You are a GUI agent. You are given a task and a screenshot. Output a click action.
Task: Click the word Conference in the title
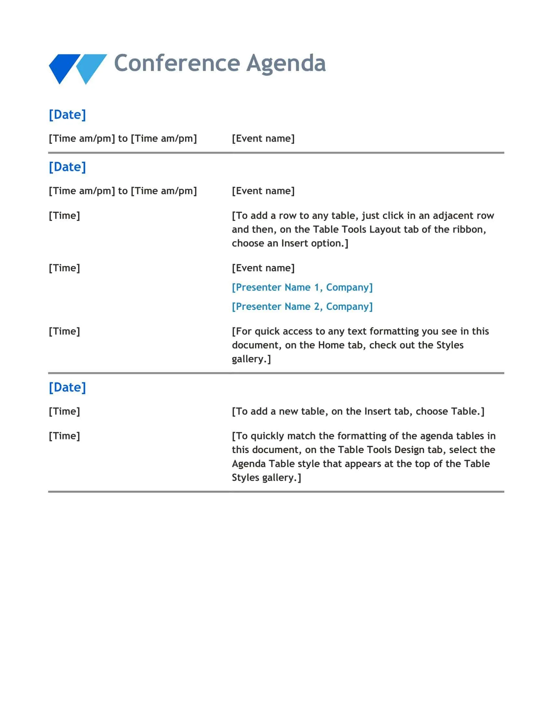pos(177,63)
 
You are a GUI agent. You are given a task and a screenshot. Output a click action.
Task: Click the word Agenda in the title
pos(286,63)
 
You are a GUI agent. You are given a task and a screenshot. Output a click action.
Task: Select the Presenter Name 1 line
pos(302,287)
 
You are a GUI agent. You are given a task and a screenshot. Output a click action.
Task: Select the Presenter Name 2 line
pos(302,307)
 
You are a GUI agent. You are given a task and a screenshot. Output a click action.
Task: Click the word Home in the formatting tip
pos(331,345)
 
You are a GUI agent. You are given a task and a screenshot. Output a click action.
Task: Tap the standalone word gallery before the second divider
pos(250,359)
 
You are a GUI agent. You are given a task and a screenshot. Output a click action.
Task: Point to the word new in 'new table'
pos(288,411)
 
